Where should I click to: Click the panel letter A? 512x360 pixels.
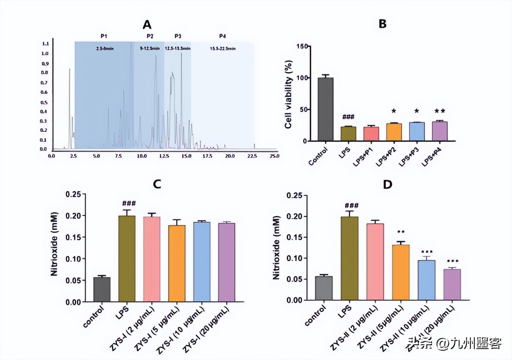[x=147, y=25]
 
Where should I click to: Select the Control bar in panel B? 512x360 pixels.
[x=326, y=109]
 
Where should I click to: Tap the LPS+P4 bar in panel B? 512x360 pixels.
[x=440, y=131]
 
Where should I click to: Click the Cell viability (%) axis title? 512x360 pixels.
[x=289, y=94]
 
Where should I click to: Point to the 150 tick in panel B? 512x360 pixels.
[x=302, y=46]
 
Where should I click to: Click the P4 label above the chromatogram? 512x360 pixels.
[x=222, y=36]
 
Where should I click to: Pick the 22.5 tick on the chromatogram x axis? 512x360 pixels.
[x=252, y=156]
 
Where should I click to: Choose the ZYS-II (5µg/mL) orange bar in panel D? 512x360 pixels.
[x=401, y=272]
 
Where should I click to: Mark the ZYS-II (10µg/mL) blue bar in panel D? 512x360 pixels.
[x=426, y=280]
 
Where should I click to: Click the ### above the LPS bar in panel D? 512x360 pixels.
[x=352, y=206]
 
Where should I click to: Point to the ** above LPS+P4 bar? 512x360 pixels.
[x=440, y=111]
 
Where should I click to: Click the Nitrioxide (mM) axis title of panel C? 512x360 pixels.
[x=54, y=244]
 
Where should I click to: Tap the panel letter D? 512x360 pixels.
[x=388, y=184]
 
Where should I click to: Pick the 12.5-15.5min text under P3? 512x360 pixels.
[x=177, y=49]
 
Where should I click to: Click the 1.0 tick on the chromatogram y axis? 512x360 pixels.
[x=45, y=53]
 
